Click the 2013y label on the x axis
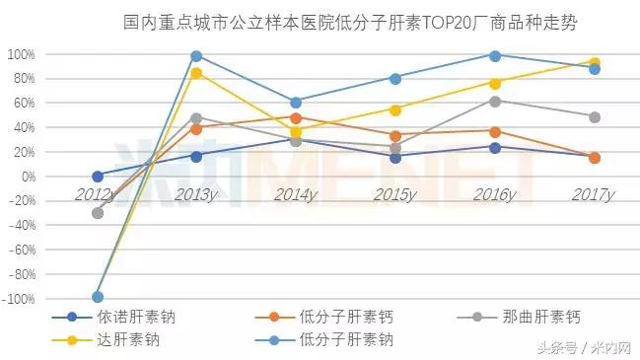click(x=196, y=194)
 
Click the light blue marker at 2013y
click(x=196, y=56)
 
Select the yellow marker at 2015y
click(x=395, y=109)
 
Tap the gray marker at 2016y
click(x=495, y=101)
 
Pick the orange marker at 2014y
click(x=296, y=118)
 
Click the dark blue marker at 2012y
click(x=97, y=176)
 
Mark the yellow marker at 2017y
click(x=595, y=62)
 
